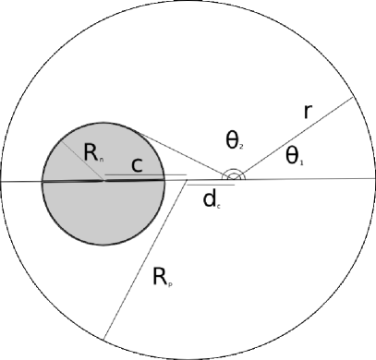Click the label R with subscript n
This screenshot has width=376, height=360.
tap(93, 155)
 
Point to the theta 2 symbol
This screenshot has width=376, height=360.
tap(234, 140)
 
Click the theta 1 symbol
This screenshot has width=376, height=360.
tap(294, 157)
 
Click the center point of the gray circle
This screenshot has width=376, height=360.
tap(103, 179)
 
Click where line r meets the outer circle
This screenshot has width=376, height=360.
tap(354, 97)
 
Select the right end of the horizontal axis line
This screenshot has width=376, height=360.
tap(374, 177)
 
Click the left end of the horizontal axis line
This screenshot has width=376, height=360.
tap(2, 181)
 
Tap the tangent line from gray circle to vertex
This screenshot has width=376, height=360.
tap(185, 152)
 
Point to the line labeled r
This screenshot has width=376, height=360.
tap(296, 136)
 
